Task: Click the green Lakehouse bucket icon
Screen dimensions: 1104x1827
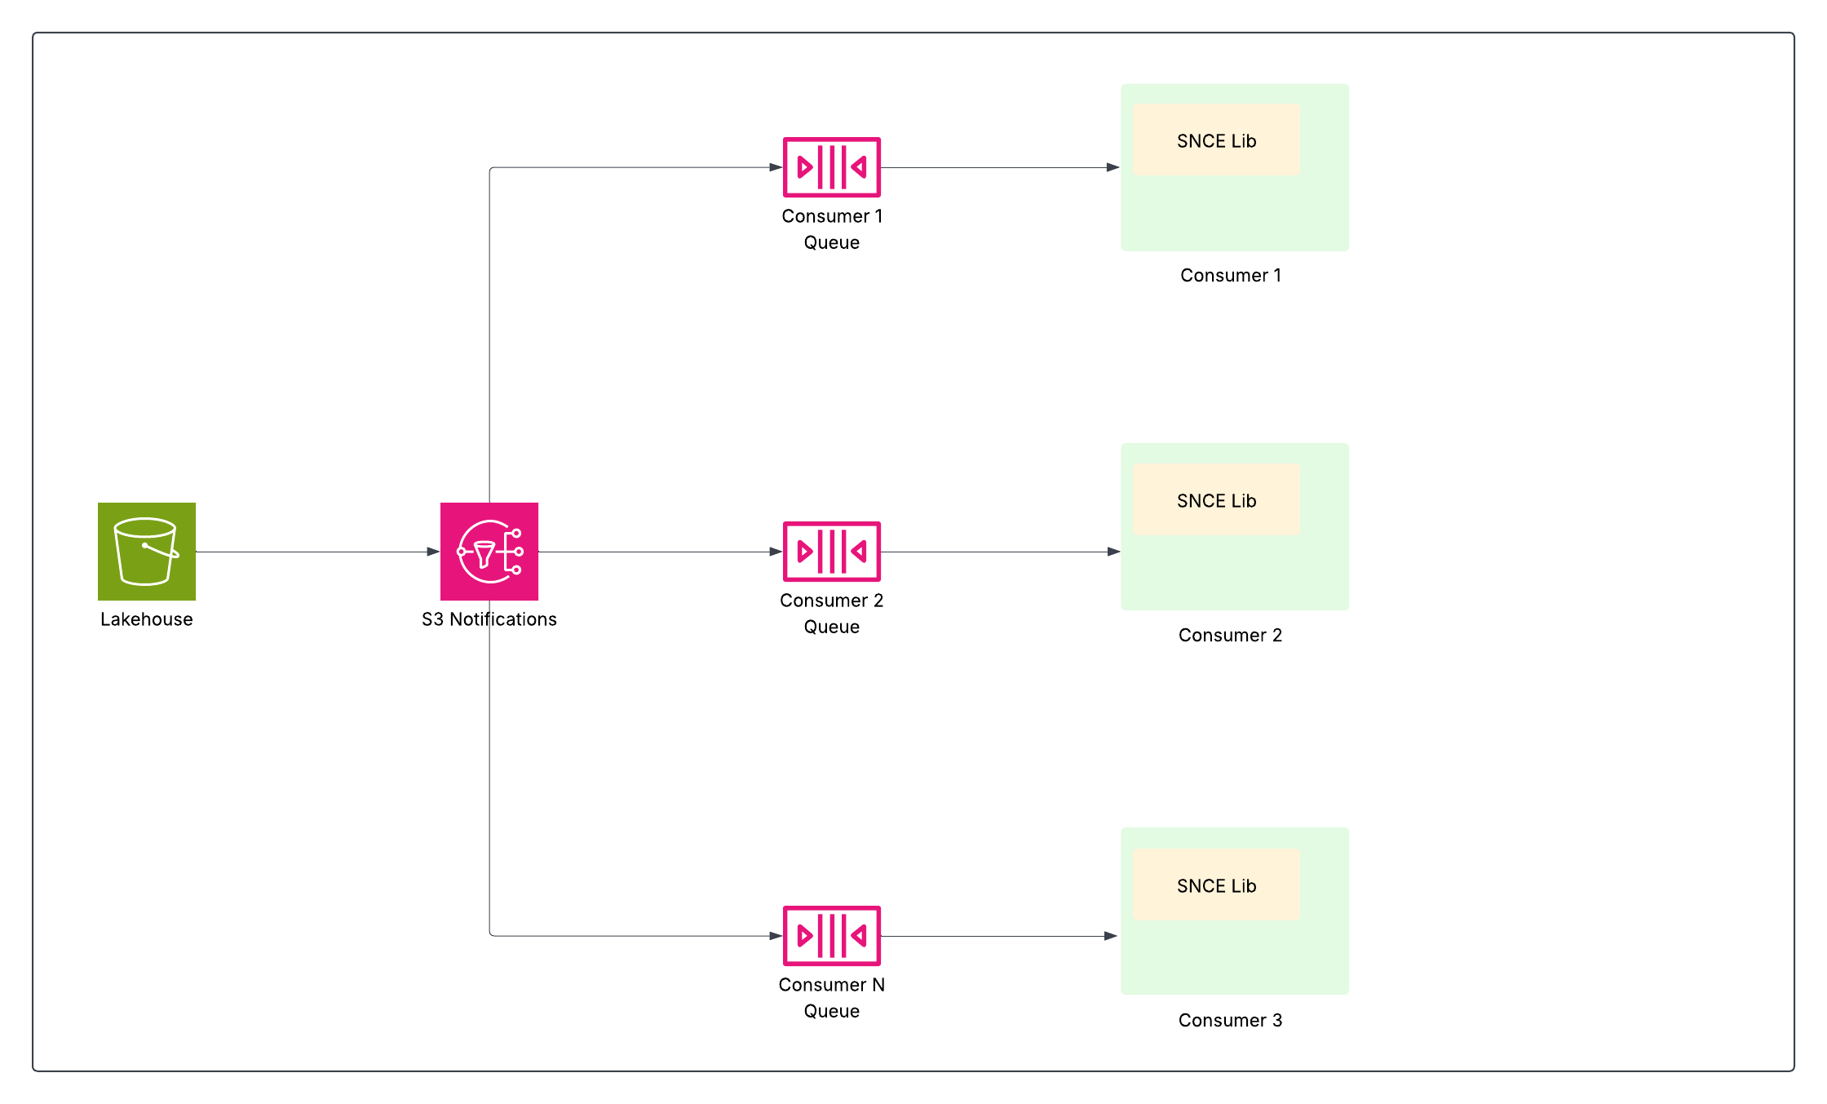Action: click(x=147, y=552)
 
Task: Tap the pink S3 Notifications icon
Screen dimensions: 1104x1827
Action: click(x=489, y=552)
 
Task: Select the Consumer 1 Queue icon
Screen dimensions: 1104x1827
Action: click(x=831, y=167)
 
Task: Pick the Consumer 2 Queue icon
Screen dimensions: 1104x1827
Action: click(x=831, y=552)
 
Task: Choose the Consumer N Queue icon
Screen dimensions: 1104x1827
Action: click(x=831, y=936)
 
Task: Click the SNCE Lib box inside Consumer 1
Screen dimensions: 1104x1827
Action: click(x=1216, y=140)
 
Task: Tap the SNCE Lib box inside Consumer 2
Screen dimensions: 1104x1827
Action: click(x=1216, y=500)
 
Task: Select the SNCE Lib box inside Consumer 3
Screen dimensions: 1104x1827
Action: click(x=1216, y=885)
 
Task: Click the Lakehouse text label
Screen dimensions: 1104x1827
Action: click(x=147, y=619)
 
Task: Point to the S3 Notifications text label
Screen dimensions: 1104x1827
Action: click(x=489, y=619)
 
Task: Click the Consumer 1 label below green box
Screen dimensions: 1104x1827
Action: click(x=1231, y=276)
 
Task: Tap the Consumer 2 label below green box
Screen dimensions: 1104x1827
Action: click(x=1230, y=636)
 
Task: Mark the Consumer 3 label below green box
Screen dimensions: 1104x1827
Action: click(x=1230, y=1021)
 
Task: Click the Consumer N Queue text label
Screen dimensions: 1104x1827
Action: click(x=831, y=997)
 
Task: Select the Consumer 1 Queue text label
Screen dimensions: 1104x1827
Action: click(x=831, y=229)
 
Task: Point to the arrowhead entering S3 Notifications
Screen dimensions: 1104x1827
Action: click(x=433, y=552)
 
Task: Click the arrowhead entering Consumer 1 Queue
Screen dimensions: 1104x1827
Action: click(x=776, y=167)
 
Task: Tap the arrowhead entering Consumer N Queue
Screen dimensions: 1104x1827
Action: click(x=776, y=936)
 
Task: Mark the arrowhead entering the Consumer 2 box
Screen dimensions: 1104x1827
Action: click(x=1113, y=552)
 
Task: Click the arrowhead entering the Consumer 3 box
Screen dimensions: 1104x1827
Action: click(x=1110, y=936)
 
